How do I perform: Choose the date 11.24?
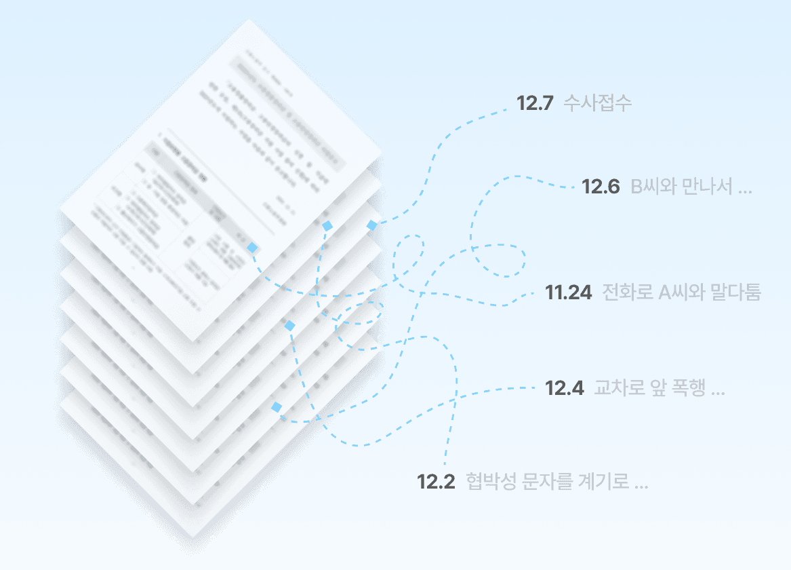569,293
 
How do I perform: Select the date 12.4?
565,389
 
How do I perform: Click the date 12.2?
436,482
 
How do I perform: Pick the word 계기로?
602,482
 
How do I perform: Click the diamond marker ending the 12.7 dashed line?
372,225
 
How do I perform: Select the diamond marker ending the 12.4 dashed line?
277,407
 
